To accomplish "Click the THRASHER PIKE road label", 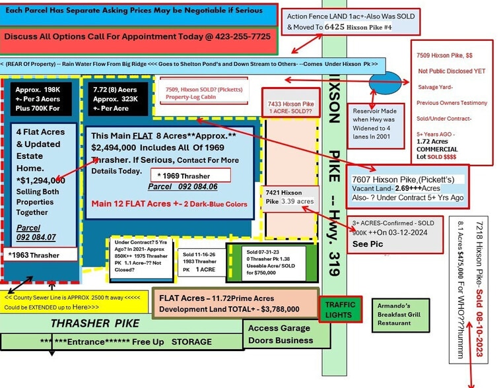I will tap(95, 323).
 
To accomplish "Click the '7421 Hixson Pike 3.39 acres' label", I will tap(290, 196).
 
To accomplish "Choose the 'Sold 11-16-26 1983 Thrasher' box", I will tap(199, 262).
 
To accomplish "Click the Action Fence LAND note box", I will tap(350, 22).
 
